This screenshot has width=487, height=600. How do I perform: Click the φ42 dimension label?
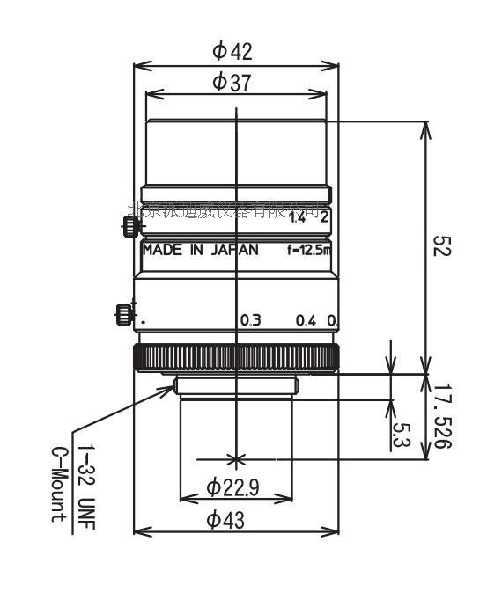[232, 51]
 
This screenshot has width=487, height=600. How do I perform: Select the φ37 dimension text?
[232, 83]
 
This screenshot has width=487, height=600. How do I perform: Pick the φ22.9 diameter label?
[233, 487]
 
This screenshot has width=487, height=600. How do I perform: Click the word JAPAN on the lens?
[234, 250]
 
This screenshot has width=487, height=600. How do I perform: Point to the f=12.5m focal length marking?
[309, 250]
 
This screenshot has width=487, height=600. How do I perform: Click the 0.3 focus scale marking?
[251, 320]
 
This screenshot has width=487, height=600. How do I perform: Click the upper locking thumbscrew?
[130, 226]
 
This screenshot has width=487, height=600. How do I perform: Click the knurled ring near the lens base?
[236, 358]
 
